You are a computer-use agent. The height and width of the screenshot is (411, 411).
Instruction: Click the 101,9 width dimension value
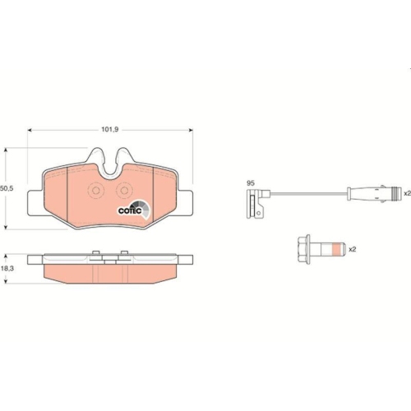[x=110, y=129]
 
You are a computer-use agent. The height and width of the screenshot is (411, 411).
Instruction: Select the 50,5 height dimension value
[x=7, y=188]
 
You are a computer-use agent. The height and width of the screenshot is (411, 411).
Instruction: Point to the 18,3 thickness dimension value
[x=7, y=269]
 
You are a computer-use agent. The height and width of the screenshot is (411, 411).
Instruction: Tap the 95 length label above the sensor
[x=251, y=183]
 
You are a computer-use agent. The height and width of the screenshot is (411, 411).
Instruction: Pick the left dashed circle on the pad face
[x=96, y=191]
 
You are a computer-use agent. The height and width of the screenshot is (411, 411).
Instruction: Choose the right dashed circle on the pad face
[x=124, y=191]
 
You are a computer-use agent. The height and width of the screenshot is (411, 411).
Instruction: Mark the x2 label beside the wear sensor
[x=408, y=193]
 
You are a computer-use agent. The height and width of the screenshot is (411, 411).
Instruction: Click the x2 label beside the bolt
[x=352, y=249]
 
